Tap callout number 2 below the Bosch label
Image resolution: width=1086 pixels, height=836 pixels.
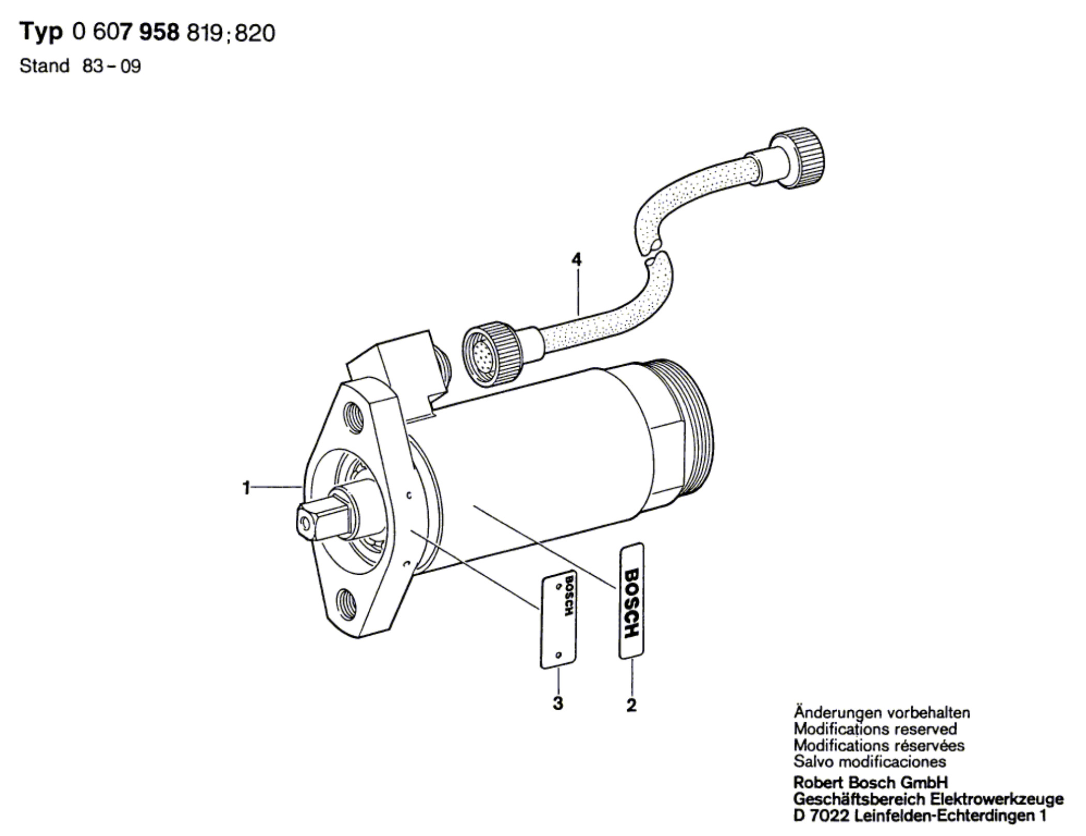click(x=631, y=705)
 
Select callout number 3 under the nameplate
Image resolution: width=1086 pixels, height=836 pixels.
click(x=557, y=703)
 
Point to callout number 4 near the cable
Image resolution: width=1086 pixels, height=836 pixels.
click(x=576, y=259)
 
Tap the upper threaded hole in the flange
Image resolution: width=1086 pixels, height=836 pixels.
click(x=354, y=416)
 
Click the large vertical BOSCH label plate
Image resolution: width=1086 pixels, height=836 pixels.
click(x=631, y=601)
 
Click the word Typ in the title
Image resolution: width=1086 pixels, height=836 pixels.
click(x=41, y=33)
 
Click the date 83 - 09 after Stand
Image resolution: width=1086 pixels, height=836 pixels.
click(x=111, y=66)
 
